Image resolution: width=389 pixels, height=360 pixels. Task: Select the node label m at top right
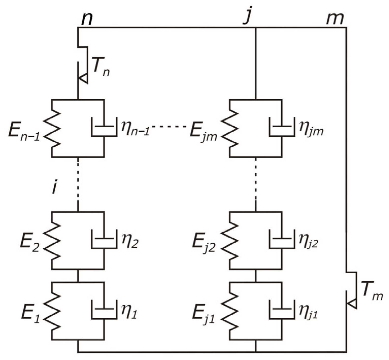[x=335, y=19]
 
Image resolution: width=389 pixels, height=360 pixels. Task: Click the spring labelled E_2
[x=52, y=240]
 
